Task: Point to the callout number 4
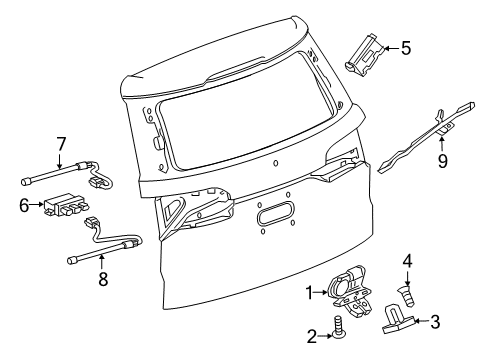(407, 263)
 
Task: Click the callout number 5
(405, 46)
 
